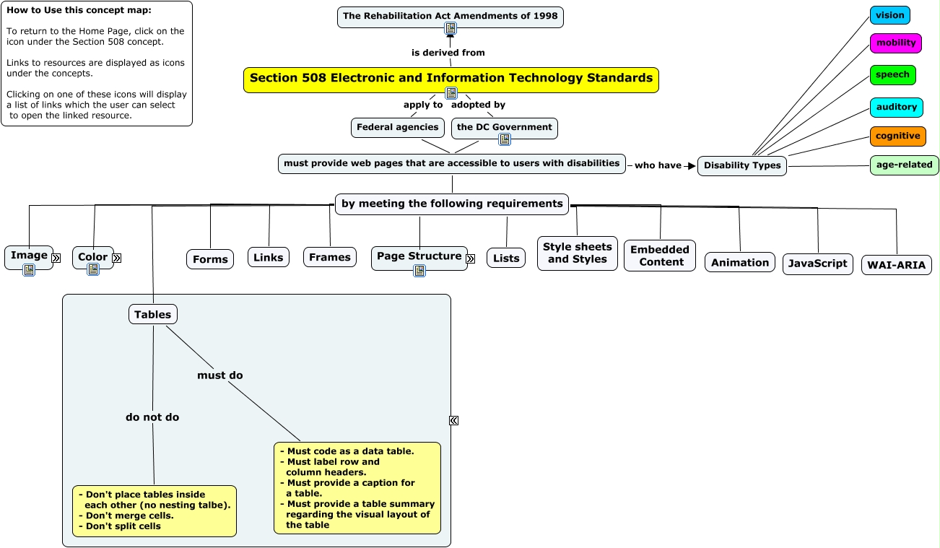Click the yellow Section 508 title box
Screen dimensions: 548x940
tap(451, 78)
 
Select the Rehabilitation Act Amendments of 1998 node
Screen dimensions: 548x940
tap(450, 15)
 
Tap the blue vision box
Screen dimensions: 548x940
tap(889, 15)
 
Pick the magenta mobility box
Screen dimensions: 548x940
tap(895, 43)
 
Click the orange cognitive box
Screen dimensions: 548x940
tap(897, 136)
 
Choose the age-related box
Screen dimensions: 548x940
tap(904, 165)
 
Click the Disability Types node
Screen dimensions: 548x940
tap(741, 165)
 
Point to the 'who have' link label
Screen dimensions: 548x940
tap(657, 165)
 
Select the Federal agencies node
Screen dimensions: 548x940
tap(397, 127)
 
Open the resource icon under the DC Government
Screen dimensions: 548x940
tap(505, 139)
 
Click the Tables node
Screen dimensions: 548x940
tap(152, 314)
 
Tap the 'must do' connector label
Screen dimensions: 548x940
tap(220, 375)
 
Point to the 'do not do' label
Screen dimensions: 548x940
tap(152, 417)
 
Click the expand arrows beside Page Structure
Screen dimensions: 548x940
tap(471, 258)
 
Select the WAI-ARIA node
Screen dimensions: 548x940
tap(896, 264)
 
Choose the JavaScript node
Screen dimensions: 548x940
tap(817, 264)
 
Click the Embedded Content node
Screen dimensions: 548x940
tap(660, 256)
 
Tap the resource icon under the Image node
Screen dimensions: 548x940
tap(29, 270)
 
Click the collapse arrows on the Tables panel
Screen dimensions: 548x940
tap(453, 420)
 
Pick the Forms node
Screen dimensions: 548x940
tap(210, 259)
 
